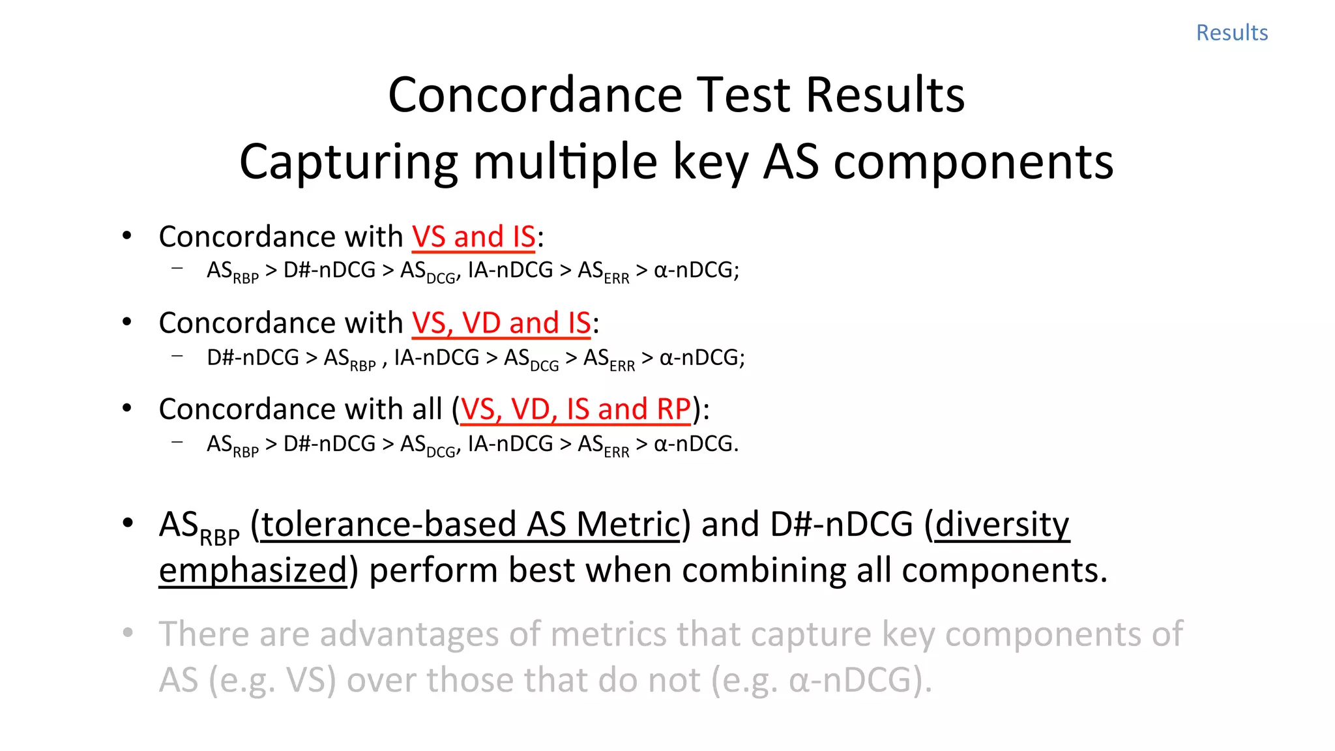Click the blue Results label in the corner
pyautogui.click(x=1231, y=33)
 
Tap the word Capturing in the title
pyautogui.click(x=348, y=162)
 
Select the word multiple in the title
pyautogui.click(x=565, y=162)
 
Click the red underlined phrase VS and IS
pyautogui.click(x=473, y=237)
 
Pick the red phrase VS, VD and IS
pyautogui.click(x=501, y=323)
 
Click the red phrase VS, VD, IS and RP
pyautogui.click(x=575, y=409)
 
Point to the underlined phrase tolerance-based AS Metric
pyautogui.click(x=470, y=525)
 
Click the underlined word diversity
pyautogui.click(x=1002, y=525)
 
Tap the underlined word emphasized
pyautogui.click(x=253, y=570)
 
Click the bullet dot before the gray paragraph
pyautogui.click(x=128, y=632)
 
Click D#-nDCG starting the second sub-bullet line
pyautogui.click(x=253, y=357)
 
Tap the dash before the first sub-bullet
pyautogui.click(x=177, y=268)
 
